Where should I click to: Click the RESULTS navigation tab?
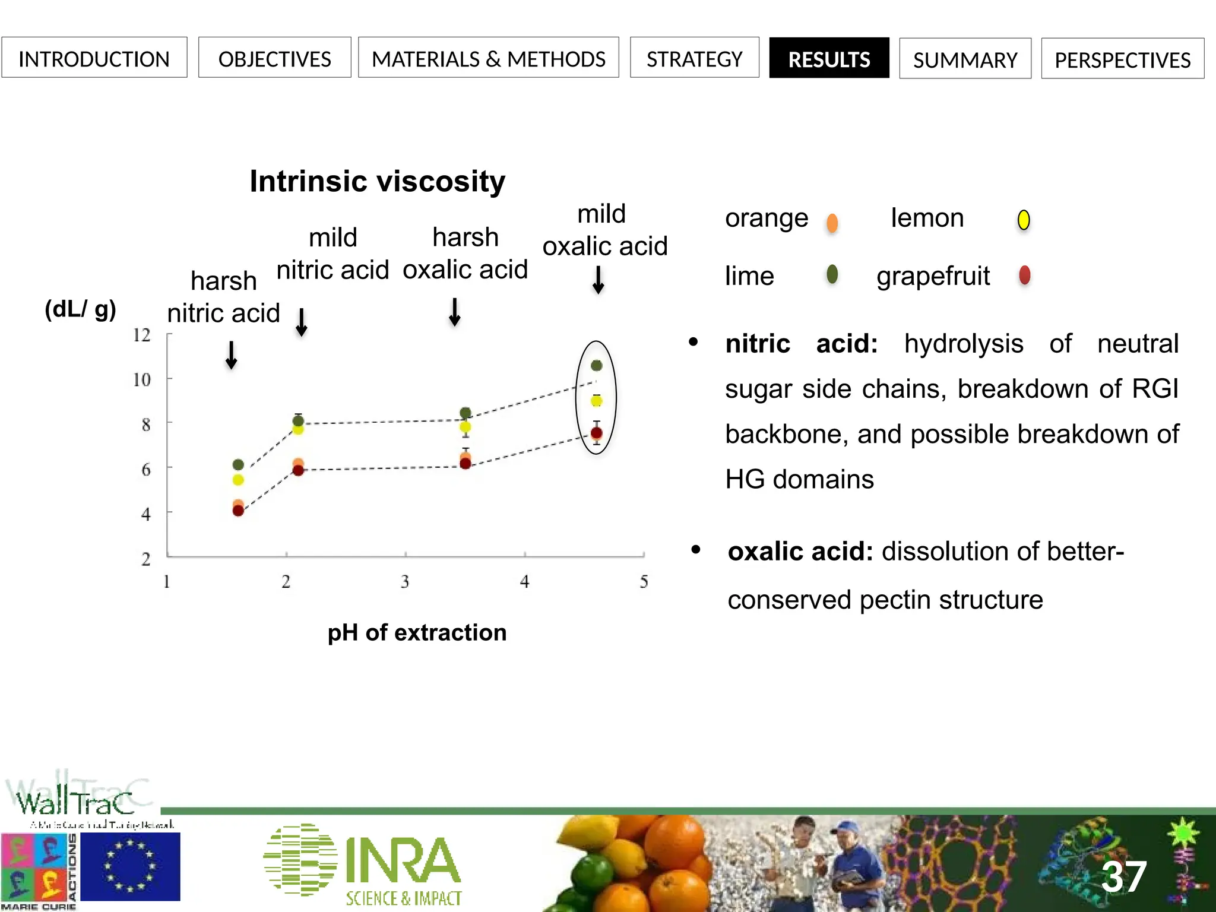tap(829, 58)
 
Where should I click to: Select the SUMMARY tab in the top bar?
tap(965, 59)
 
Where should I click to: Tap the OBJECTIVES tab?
tap(274, 58)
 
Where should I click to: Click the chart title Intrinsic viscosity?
tap(377, 181)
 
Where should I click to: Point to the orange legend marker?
tap(832, 223)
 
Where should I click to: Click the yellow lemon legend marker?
tap(1024, 220)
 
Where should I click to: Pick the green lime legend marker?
tap(832, 274)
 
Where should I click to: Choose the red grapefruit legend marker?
tap(1024, 275)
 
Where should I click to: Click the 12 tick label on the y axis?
tap(142, 335)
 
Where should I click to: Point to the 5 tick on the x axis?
tap(644, 581)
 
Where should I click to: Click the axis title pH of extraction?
tap(417, 632)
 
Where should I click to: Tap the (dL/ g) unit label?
tap(81, 309)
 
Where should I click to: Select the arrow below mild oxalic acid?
tap(598, 280)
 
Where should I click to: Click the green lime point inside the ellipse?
tap(597, 366)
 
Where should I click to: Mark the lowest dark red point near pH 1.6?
tap(238, 511)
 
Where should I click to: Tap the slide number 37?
tap(1123, 876)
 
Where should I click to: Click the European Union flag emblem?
tap(130, 866)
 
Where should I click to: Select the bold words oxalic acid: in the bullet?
tap(800, 552)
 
